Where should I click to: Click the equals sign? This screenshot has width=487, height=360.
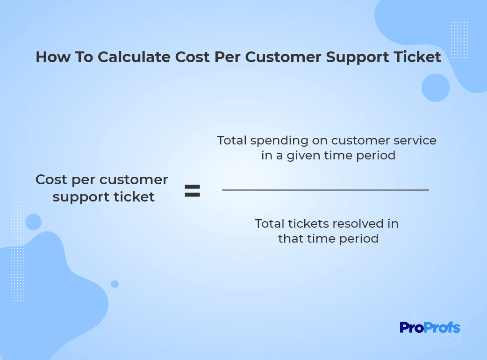[x=192, y=191]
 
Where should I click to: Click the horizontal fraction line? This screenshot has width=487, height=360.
[x=325, y=189]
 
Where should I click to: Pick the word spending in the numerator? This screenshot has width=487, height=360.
[x=279, y=141]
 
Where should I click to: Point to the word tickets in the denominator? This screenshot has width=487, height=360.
[x=308, y=223]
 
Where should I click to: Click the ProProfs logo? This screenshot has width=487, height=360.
[x=430, y=328]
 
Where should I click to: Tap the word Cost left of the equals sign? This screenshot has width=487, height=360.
[x=51, y=180]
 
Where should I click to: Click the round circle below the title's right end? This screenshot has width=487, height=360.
[x=436, y=87]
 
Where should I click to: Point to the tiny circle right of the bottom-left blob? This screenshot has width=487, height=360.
[x=115, y=284]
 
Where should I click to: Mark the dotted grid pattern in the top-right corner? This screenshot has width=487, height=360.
[x=459, y=40]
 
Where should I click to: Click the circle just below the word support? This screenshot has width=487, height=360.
[x=34, y=222]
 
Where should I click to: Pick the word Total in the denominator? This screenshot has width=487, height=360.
[x=269, y=223]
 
